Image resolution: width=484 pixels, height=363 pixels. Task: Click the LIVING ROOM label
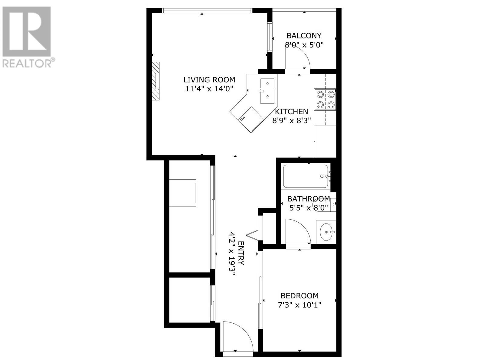tap(209, 80)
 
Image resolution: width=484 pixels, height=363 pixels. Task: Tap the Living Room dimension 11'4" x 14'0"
tap(209, 89)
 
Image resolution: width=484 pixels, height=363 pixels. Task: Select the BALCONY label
tap(304, 36)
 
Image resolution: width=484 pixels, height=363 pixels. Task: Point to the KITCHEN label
tap(291, 112)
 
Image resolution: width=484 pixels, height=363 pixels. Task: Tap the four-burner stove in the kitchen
tap(325, 99)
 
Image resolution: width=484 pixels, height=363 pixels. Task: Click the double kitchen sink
tap(267, 91)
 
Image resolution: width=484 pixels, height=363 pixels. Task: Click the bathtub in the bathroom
tap(306, 176)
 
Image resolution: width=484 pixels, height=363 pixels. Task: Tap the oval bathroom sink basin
tap(326, 232)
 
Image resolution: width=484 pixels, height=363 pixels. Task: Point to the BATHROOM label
tap(308, 199)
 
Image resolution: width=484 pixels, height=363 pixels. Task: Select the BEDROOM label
tap(299, 296)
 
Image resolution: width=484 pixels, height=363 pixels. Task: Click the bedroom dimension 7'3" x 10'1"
tap(299, 305)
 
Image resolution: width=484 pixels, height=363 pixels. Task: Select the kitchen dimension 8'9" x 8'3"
tap(291, 121)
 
